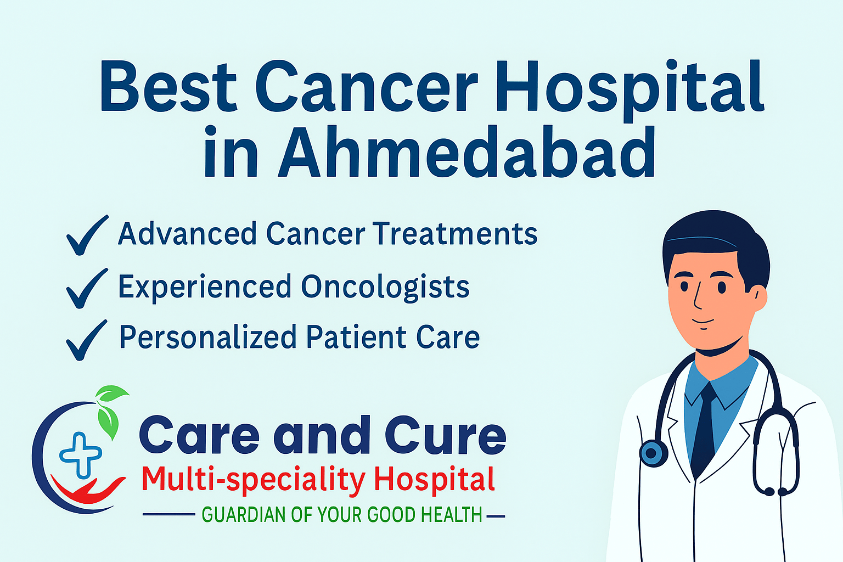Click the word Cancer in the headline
pos(367,87)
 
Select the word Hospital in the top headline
pos(630,87)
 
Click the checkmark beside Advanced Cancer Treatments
pos(86,235)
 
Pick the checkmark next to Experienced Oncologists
pos(86,288)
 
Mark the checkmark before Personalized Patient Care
pos(86,340)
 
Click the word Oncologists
pos(385,287)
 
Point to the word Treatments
pos(456,234)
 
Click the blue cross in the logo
pos(81,454)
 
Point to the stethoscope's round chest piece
pos(653,453)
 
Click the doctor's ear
pos(759,299)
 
